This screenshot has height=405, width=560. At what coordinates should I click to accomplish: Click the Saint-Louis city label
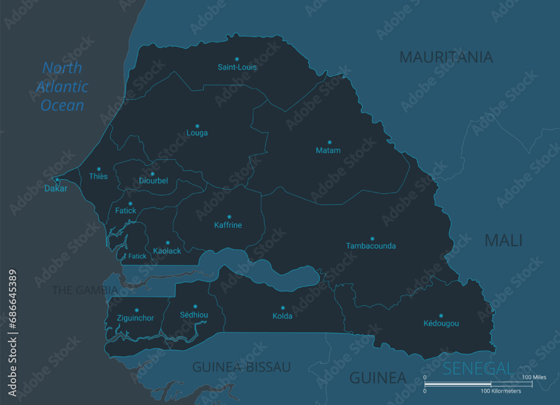[237, 67]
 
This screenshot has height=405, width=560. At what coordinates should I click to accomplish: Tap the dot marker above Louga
[197, 126]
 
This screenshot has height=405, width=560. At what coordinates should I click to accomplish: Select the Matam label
[328, 150]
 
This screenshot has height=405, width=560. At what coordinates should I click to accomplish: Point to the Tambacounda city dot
[372, 239]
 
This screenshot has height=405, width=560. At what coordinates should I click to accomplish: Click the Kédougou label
[441, 323]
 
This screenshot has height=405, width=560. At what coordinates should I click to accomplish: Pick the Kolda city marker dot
[283, 308]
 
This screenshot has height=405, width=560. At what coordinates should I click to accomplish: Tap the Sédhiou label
[194, 315]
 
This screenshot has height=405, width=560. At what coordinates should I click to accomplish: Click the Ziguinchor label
[136, 318]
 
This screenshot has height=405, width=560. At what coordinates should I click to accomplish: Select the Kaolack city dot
[167, 243]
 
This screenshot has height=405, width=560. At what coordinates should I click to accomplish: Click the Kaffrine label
[228, 225]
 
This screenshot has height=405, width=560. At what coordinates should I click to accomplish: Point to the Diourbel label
[153, 181]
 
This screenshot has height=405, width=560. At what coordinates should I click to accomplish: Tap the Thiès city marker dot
[99, 169]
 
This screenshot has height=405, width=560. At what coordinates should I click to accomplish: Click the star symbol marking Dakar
[56, 180]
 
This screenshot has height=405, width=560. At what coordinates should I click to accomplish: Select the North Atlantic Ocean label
[62, 87]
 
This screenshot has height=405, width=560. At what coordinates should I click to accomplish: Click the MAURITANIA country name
[446, 57]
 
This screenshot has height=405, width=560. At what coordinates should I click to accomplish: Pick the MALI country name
[503, 240]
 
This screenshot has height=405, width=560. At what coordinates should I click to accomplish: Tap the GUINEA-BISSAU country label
[241, 367]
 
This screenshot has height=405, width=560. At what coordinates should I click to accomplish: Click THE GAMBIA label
[85, 290]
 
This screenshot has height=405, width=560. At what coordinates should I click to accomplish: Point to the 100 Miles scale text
[534, 377]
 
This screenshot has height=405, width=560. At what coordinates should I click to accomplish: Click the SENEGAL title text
[477, 368]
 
